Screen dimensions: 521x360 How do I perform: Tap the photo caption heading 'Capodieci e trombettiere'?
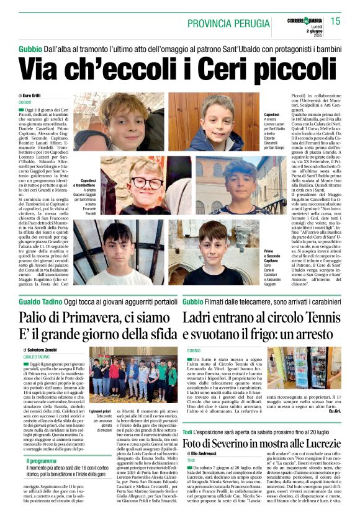coord(84,182)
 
